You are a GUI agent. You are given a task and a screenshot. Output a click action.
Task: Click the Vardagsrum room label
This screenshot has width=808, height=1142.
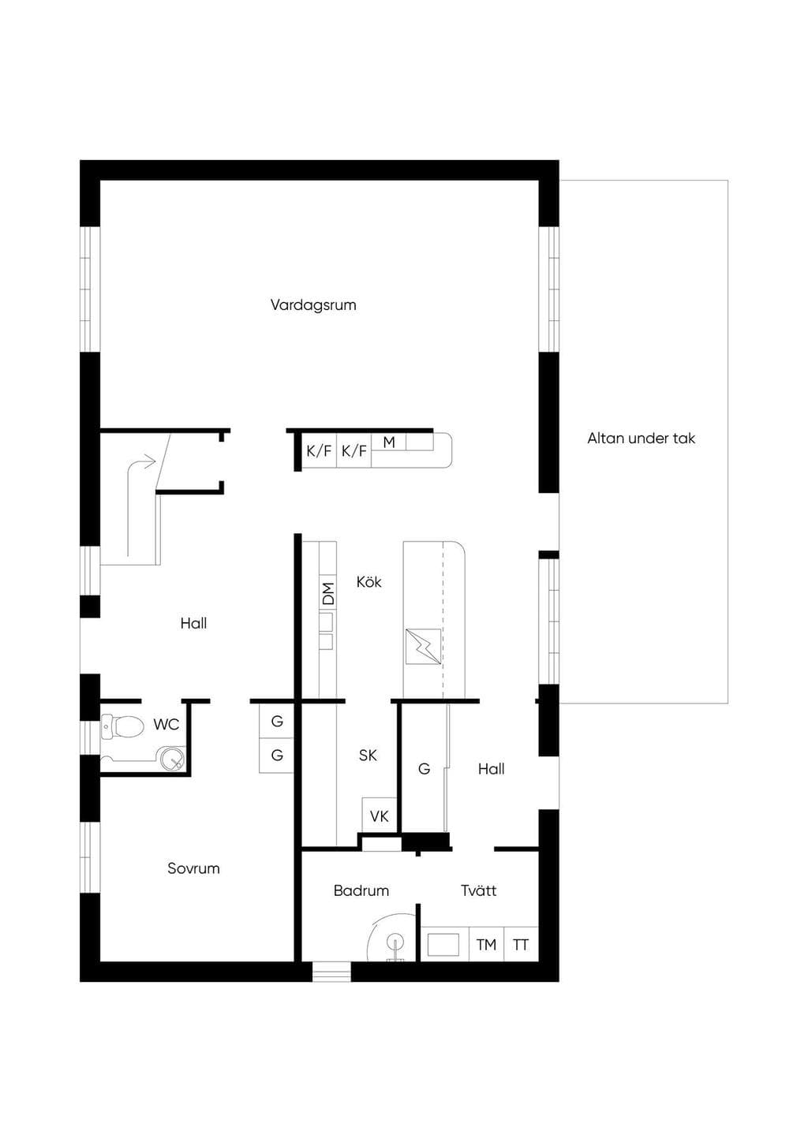click(x=313, y=305)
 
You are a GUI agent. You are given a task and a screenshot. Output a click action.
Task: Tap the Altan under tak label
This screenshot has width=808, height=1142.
click(x=642, y=438)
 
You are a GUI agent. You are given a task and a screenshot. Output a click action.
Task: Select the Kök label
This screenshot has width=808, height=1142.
click(x=368, y=582)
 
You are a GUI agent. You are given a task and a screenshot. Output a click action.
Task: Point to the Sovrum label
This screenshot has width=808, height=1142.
click(x=193, y=868)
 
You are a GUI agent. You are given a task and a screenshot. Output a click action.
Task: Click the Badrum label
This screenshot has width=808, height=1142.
click(x=361, y=890)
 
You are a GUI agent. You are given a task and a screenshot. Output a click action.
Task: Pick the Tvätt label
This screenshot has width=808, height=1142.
click(x=478, y=890)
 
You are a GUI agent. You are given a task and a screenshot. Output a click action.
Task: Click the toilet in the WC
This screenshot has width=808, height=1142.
click(x=122, y=726)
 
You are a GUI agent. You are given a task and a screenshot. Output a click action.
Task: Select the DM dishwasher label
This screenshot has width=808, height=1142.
click(x=328, y=593)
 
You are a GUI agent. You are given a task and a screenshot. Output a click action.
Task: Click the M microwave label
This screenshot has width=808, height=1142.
click(x=389, y=442)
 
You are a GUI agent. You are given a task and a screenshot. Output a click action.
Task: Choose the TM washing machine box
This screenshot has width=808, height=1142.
click(x=486, y=945)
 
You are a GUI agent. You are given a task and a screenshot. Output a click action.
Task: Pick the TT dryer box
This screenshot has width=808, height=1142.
click(x=521, y=945)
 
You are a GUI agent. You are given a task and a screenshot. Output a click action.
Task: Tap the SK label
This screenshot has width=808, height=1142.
click(x=368, y=755)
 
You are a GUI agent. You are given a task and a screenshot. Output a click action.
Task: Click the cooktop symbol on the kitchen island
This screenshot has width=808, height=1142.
click(x=423, y=647)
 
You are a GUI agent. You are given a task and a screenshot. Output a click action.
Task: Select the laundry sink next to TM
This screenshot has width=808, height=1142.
click(x=443, y=944)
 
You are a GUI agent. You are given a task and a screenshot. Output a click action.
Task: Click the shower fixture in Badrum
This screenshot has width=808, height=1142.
click(x=395, y=949)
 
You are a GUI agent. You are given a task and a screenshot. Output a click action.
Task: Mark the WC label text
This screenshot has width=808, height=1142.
click(x=166, y=725)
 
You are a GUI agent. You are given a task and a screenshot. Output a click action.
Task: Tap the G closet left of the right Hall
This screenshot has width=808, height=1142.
click(x=424, y=768)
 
